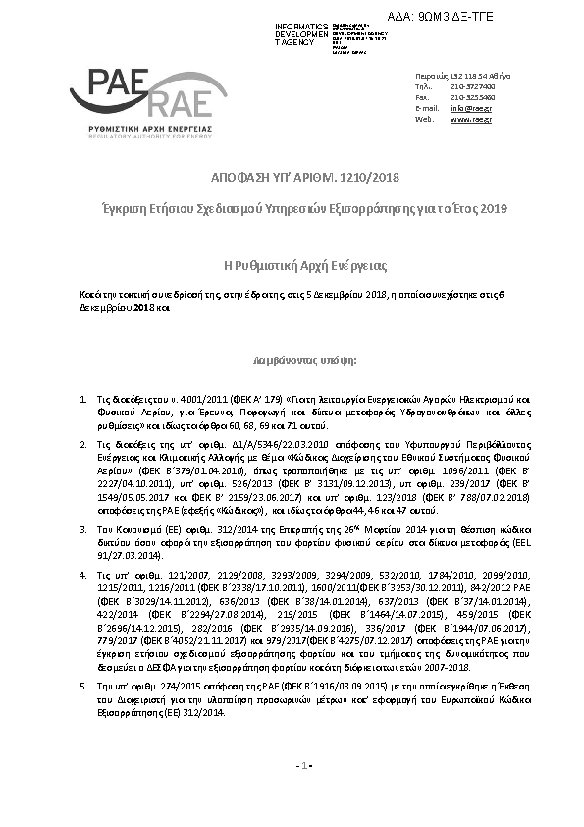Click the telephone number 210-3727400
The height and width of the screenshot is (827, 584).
472,86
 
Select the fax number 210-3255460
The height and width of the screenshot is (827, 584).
472,97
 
